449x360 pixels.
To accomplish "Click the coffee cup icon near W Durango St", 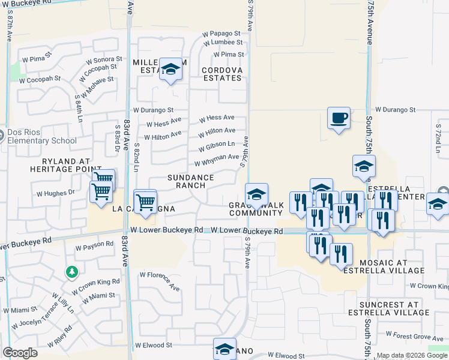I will point(339,117).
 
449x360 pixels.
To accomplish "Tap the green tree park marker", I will point(72,273).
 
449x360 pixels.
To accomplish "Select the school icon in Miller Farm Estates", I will point(171,71).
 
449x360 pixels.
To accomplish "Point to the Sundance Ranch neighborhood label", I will point(190,181).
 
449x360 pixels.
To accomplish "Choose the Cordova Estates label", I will point(221,74).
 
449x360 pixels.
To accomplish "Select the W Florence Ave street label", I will point(160,280).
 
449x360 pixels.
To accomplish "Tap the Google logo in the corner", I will point(20,353).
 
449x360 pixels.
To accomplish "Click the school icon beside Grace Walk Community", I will point(256,194).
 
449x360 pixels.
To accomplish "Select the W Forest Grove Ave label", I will point(414,335).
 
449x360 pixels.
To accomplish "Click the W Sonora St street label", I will point(104,61).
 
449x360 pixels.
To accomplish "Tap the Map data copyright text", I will point(412,355).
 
